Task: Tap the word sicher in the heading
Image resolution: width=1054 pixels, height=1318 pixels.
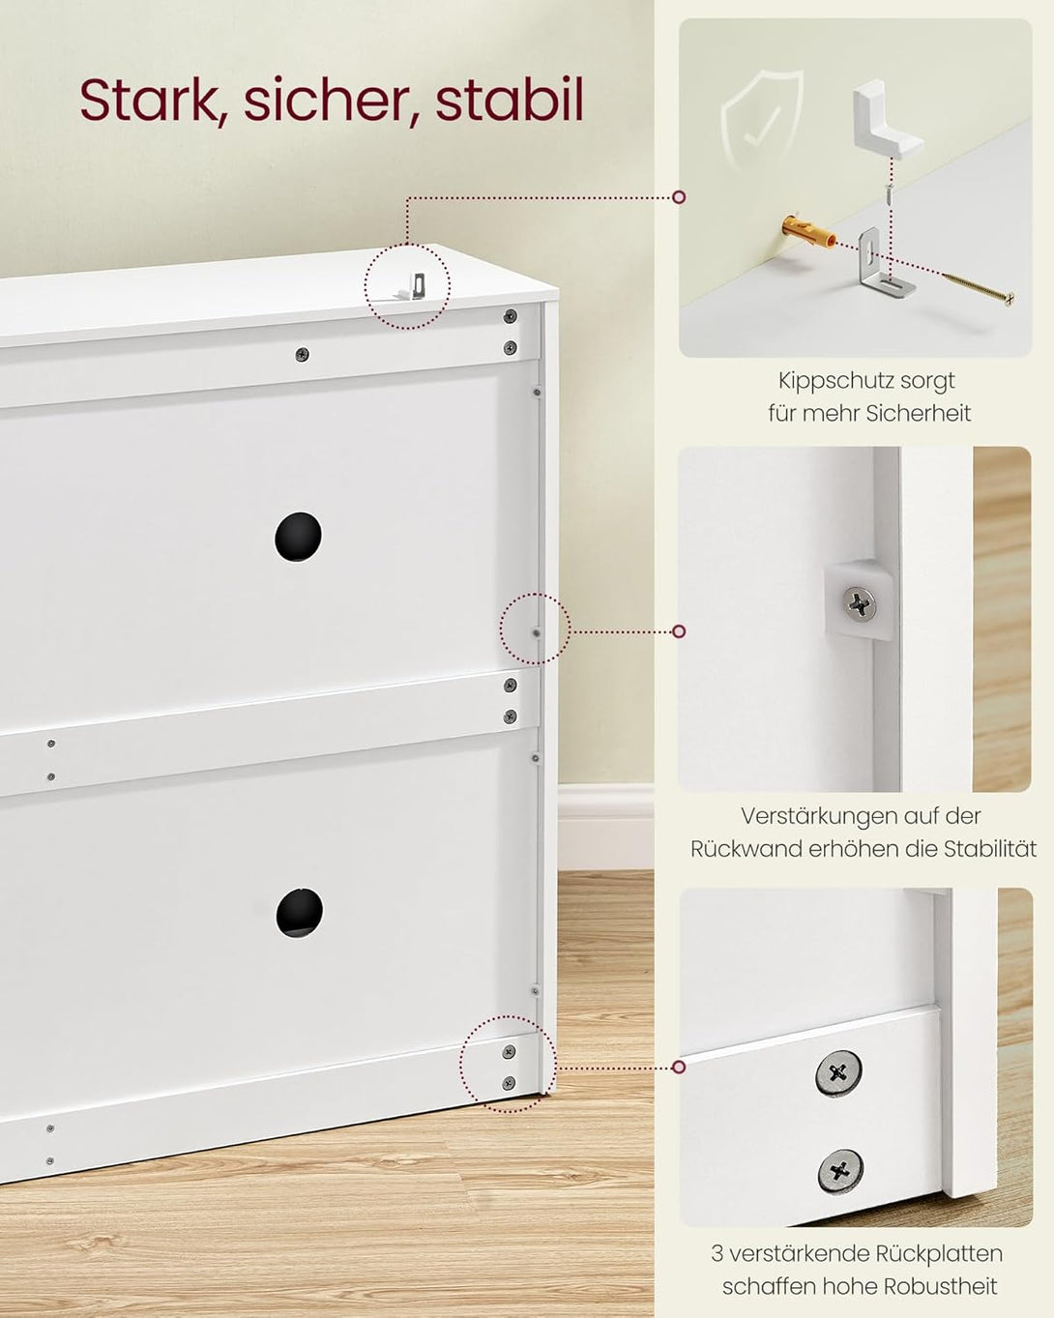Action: point(323,100)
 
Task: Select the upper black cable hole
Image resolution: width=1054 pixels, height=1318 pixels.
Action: point(298,536)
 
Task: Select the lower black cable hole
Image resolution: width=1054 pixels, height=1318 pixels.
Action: point(299,912)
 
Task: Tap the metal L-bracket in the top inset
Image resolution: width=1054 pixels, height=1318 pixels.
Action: point(874,265)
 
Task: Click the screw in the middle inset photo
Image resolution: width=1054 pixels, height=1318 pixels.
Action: point(860,605)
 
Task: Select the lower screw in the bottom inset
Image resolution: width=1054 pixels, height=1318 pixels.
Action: point(839,1171)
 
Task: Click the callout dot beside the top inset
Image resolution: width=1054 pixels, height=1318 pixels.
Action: point(679,196)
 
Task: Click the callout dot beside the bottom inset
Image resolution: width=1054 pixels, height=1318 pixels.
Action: point(679,1067)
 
